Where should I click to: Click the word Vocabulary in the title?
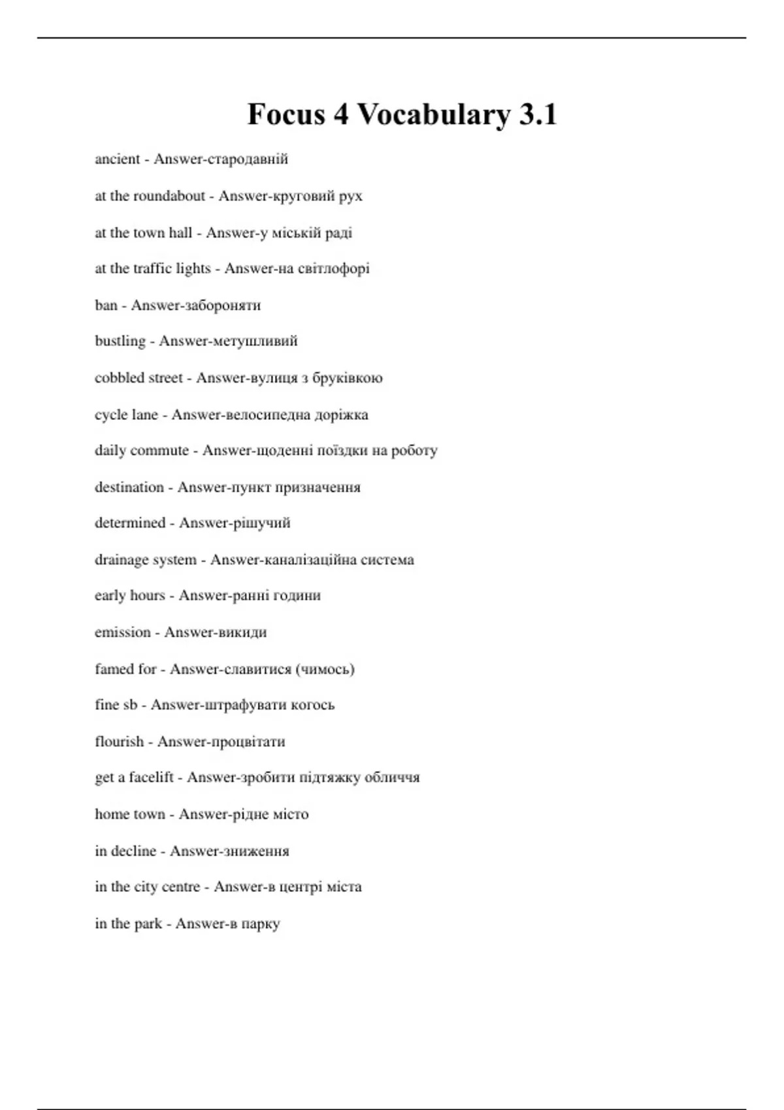tap(434, 115)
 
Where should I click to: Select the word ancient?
tap(118, 159)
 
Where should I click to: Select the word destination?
tap(129, 487)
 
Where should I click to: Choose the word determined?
tap(130, 523)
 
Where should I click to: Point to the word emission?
tap(123, 632)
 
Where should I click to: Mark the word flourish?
tap(119, 742)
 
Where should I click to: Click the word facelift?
tap(151, 778)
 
